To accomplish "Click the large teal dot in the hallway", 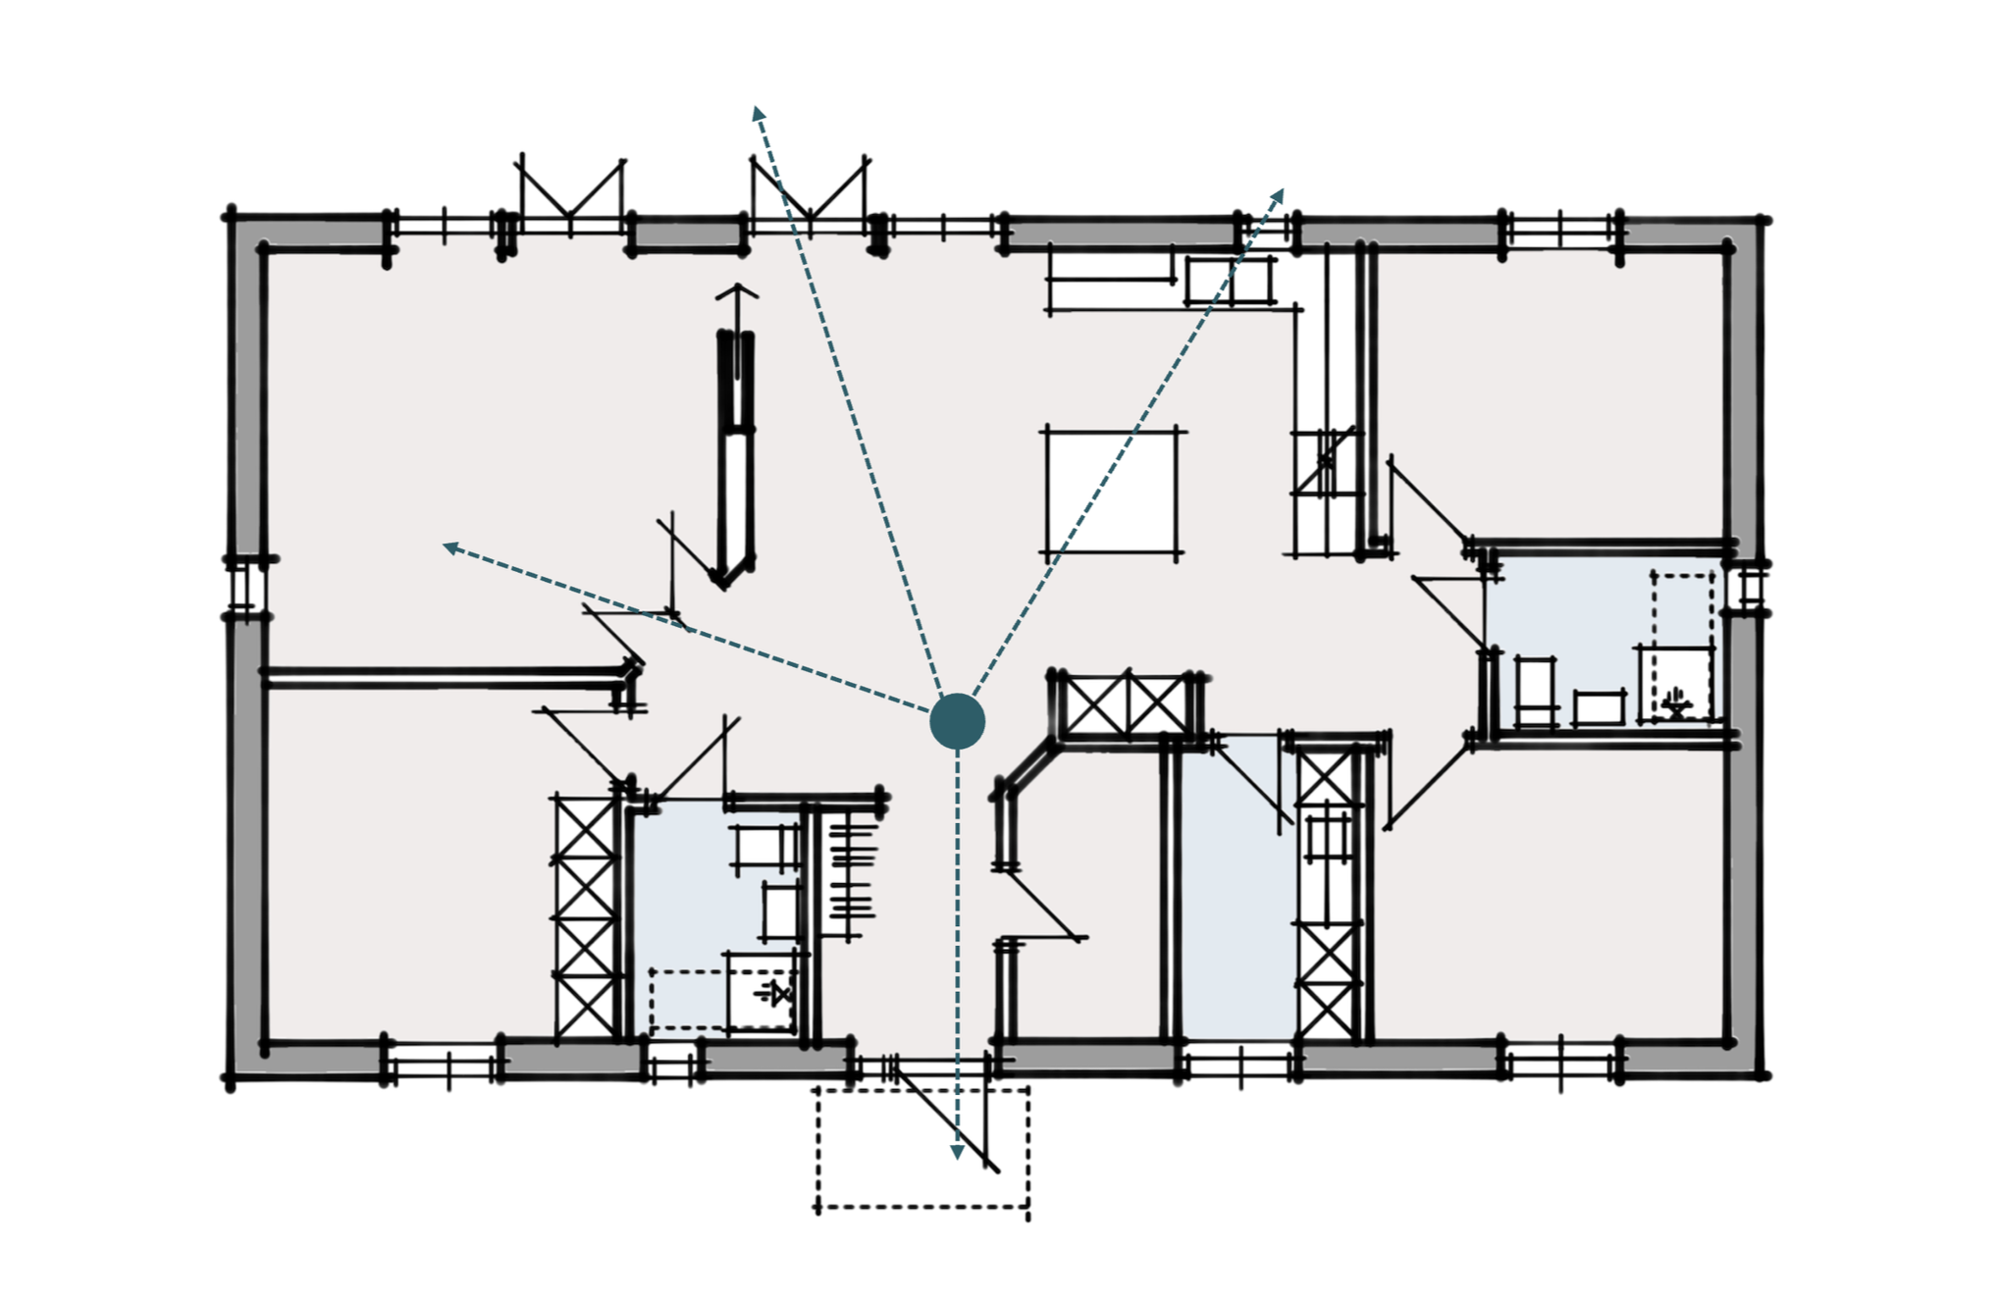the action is pyautogui.click(x=957, y=721).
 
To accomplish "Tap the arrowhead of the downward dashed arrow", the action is pyautogui.click(x=957, y=1152).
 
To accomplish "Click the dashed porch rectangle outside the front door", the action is pyautogui.click(x=922, y=1148).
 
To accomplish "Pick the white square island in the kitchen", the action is pyautogui.click(x=1111, y=493).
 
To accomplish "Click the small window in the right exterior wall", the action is pyautogui.click(x=1749, y=589).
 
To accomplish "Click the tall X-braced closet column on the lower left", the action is pyautogui.click(x=585, y=917).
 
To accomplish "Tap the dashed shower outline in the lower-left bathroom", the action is pyautogui.click(x=721, y=1001).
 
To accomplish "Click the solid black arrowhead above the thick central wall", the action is pyautogui.click(x=736, y=292).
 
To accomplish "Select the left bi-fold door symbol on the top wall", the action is pyautogui.click(x=570, y=191).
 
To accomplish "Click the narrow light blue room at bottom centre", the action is pyautogui.click(x=1238, y=893).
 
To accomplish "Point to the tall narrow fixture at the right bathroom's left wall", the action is pyautogui.click(x=1536, y=692).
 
